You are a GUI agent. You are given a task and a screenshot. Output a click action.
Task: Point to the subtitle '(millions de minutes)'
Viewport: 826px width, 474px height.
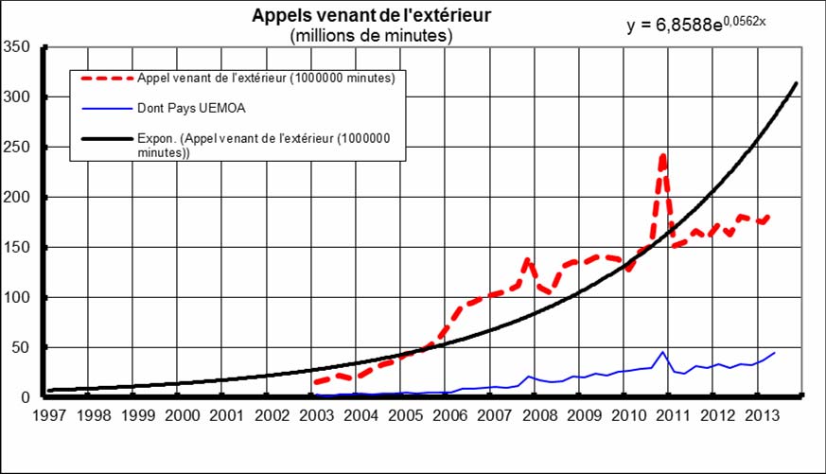click(372, 36)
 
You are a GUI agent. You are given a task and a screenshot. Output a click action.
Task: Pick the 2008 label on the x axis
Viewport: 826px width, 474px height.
click(538, 414)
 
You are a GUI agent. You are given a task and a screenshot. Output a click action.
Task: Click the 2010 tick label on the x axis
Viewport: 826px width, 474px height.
click(626, 414)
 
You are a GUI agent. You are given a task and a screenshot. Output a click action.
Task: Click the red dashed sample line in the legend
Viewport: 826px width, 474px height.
click(107, 79)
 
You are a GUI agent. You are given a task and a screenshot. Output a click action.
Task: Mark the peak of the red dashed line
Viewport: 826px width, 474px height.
click(662, 155)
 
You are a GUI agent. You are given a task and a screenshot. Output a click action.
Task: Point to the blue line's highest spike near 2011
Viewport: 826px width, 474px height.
click(663, 352)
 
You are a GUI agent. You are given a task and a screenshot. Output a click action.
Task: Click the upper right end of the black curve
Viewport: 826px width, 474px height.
click(797, 83)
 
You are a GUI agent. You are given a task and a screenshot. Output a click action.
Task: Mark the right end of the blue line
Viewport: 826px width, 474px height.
click(775, 353)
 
